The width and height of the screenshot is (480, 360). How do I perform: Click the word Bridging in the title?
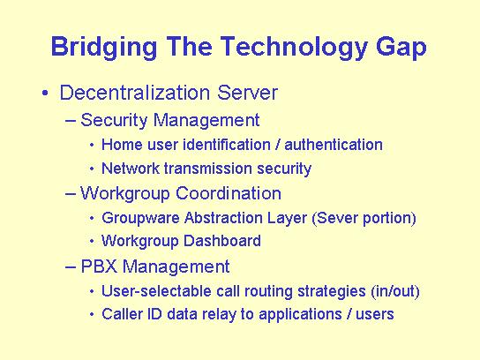(104, 47)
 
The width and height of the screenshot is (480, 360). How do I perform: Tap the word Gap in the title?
(401, 47)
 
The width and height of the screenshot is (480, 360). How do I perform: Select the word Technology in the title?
(294, 47)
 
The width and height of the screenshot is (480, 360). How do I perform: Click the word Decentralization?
(135, 93)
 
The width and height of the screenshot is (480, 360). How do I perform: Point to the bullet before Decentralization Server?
(45, 93)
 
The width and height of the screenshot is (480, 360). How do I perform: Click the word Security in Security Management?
(114, 120)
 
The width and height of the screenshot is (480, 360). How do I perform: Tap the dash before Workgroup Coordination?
(71, 194)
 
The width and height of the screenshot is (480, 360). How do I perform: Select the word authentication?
(334, 145)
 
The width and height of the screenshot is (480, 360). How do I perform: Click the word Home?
(122, 145)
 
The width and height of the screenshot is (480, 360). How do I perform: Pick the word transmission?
(208, 169)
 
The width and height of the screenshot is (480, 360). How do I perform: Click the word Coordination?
(229, 193)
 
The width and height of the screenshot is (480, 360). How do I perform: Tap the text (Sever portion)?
(364, 219)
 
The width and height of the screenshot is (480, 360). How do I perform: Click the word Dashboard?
(222, 241)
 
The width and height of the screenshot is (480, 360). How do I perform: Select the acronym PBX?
(99, 266)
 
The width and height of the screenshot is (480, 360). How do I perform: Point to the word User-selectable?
(156, 291)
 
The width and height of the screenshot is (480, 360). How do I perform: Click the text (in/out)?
(395, 291)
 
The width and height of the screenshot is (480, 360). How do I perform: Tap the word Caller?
(122, 314)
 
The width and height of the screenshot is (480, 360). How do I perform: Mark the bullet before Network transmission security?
(92, 169)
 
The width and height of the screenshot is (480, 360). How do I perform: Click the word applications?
(300, 315)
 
